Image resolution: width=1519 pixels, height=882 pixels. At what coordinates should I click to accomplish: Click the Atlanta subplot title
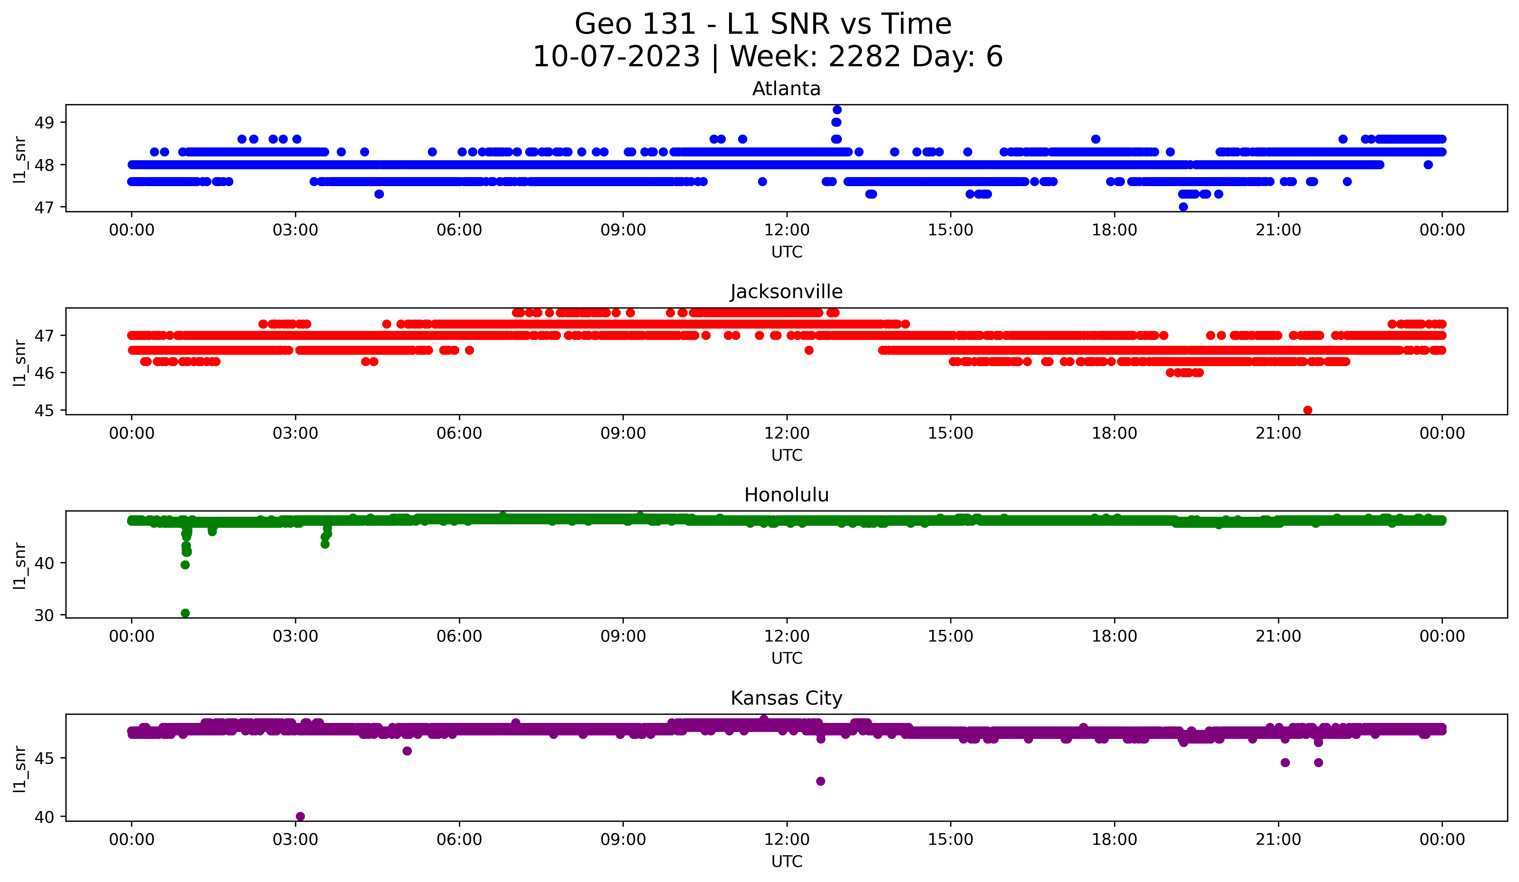click(786, 89)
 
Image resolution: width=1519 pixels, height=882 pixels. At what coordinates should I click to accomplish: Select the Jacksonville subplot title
click(786, 292)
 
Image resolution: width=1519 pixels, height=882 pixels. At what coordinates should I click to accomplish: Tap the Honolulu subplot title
click(786, 495)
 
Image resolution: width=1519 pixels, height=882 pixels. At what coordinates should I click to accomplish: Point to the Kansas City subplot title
click(786, 698)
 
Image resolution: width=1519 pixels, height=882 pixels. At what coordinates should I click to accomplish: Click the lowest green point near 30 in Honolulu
click(185, 613)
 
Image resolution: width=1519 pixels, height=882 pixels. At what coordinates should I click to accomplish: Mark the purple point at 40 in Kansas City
click(300, 816)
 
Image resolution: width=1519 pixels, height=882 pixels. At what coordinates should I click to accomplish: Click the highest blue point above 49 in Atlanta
click(837, 110)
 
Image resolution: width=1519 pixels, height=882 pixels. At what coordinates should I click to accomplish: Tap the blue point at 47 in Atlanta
click(1183, 207)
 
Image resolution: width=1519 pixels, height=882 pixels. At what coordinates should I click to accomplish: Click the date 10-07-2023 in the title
click(616, 57)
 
